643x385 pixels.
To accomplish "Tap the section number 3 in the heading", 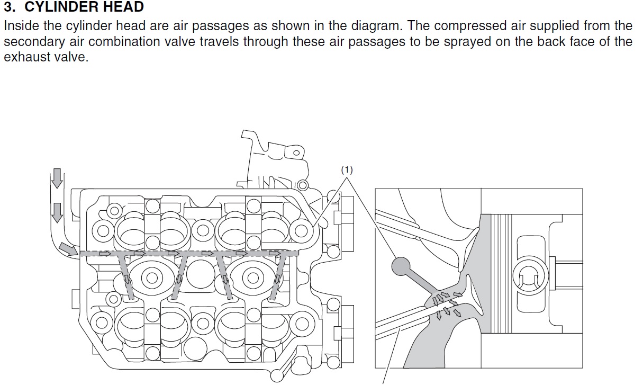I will coord(8,7).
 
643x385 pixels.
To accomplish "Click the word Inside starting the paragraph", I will coord(20,26).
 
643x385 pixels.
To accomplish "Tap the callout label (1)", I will coord(347,170).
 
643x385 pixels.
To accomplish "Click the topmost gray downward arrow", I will coord(57,179).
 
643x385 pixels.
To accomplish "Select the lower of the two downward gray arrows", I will coord(57,213).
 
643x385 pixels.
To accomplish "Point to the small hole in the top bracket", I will coord(296,154).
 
